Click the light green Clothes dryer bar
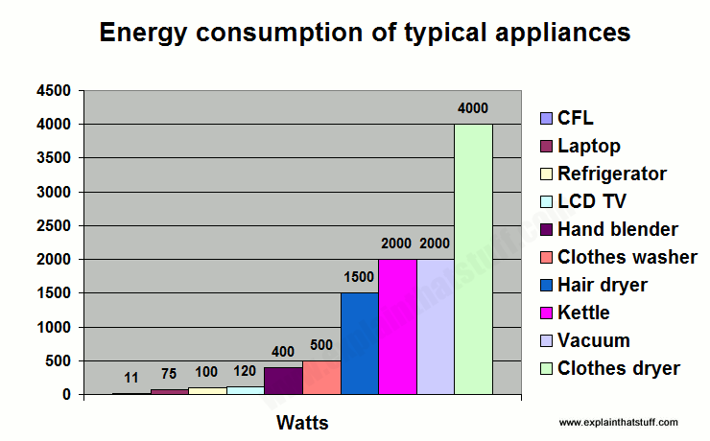[x=473, y=259]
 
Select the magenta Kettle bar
[x=397, y=326]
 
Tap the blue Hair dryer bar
[x=359, y=343]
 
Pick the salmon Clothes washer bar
[x=321, y=377]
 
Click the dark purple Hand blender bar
[x=283, y=381]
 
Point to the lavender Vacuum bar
[x=435, y=326]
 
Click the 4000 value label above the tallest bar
[x=473, y=108]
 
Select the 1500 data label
[x=359, y=277]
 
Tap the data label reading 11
[x=131, y=378]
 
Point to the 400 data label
[x=283, y=352]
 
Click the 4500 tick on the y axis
[x=55, y=91]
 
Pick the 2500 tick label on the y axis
[x=55, y=226]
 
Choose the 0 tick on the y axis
[x=67, y=395]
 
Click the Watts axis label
[x=302, y=422]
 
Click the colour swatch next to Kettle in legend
[x=545, y=313]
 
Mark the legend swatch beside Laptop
[x=545, y=146]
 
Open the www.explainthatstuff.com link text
[x=618, y=422]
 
